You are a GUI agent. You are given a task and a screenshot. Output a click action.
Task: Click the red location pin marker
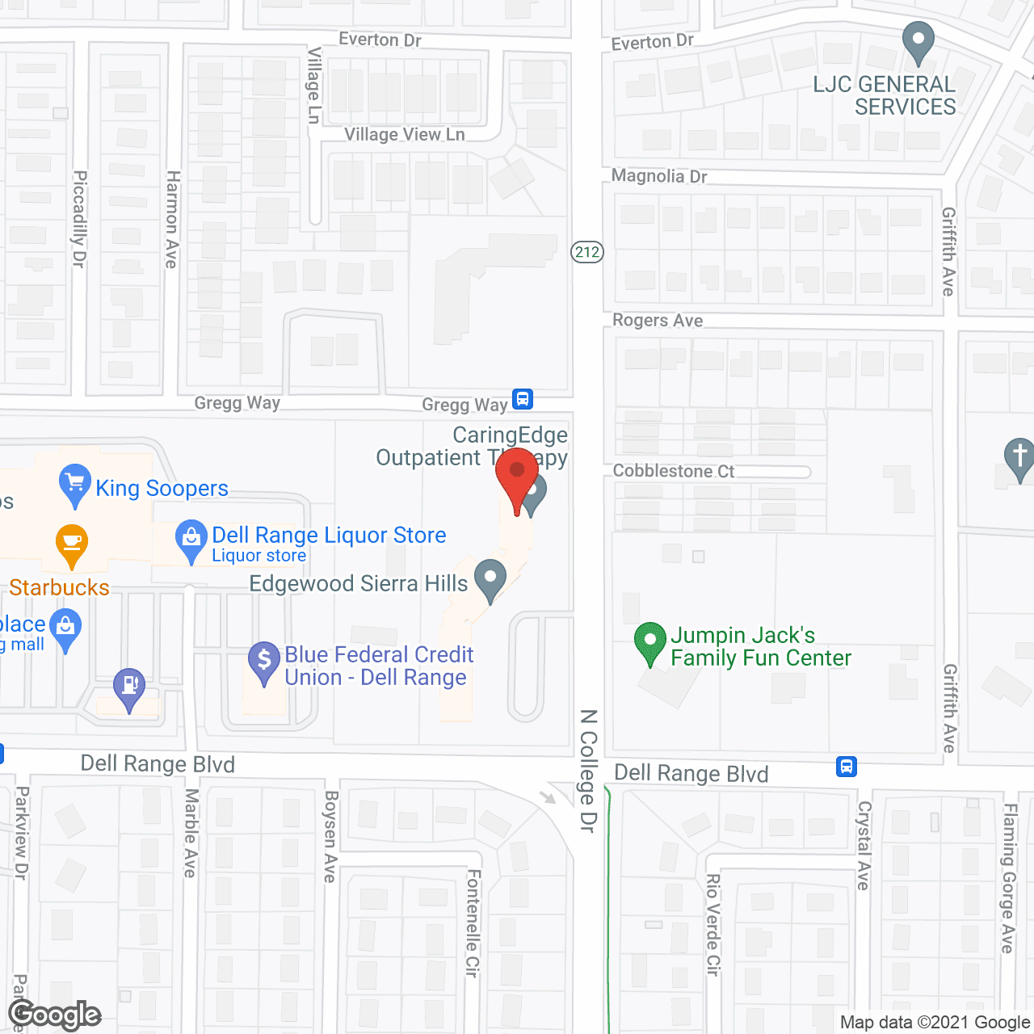pyautogui.click(x=517, y=478)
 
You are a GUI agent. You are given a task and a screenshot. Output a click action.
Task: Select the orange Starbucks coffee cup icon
pyautogui.click(x=72, y=545)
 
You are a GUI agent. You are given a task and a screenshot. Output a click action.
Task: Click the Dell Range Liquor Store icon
pyautogui.click(x=191, y=540)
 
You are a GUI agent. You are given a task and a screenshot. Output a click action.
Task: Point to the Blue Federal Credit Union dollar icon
pyautogui.click(x=264, y=662)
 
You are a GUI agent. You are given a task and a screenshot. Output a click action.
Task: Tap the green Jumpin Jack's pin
pyautogui.click(x=650, y=642)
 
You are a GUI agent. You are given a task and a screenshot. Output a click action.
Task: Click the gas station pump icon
pyautogui.click(x=129, y=688)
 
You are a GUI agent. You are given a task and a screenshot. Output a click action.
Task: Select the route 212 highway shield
pyautogui.click(x=587, y=252)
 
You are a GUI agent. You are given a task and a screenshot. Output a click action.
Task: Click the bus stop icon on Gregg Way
pyautogui.click(x=523, y=399)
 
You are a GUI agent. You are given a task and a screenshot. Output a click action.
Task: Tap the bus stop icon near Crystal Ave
pyautogui.click(x=846, y=766)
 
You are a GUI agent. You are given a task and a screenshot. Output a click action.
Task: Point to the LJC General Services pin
pyautogui.click(x=918, y=42)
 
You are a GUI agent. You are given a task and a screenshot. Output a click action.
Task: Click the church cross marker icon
pyautogui.click(x=1019, y=458)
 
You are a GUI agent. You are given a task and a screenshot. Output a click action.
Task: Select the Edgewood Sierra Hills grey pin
pyautogui.click(x=490, y=579)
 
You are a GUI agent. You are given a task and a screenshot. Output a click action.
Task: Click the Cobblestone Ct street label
pyautogui.click(x=674, y=471)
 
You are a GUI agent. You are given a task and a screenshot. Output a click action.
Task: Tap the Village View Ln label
pyautogui.click(x=404, y=135)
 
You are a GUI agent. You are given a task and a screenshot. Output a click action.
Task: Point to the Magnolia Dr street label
pyautogui.click(x=659, y=176)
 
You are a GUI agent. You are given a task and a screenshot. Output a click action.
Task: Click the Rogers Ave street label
pyautogui.click(x=658, y=321)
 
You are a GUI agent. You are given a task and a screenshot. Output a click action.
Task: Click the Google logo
pyautogui.click(x=55, y=1015)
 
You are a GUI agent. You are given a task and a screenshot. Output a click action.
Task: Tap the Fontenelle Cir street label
pyautogui.click(x=473, y=923)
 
